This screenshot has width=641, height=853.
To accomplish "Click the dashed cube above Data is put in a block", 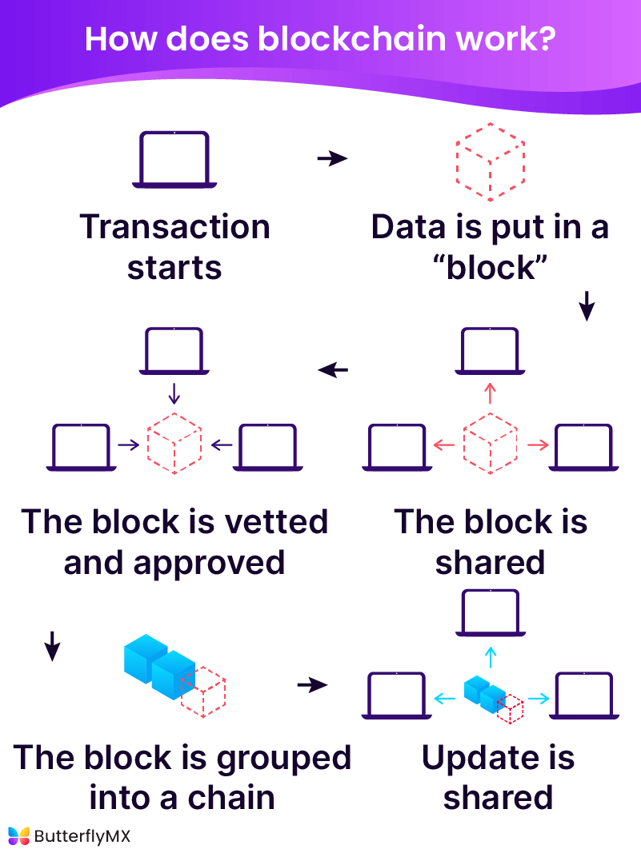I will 490,162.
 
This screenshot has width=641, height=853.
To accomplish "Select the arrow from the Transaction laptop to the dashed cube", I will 332,158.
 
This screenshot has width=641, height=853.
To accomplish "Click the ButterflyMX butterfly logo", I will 18,836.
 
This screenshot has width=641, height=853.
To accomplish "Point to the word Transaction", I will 174,227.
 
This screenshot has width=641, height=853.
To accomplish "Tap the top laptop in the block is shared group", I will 490,352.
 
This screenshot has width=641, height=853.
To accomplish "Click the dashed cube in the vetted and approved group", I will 174,444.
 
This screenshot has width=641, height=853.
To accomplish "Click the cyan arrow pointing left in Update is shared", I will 445,699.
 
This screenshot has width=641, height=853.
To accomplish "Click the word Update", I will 475,758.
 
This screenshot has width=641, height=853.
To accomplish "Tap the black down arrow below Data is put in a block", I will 587,306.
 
